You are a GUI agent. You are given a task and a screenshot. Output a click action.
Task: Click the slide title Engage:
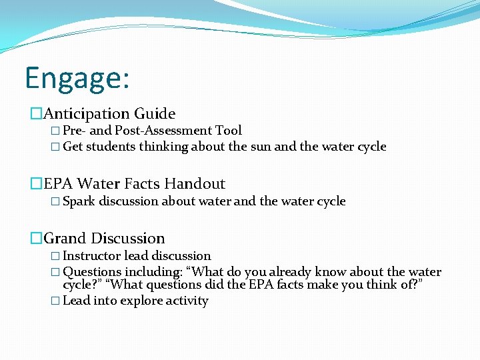(x=77, y=78)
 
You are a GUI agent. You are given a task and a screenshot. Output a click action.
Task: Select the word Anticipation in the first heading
(x=85, y=114)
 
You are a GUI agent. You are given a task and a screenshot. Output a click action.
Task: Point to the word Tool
(x=229, y=131)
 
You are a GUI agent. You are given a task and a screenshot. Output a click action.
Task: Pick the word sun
(x=261, y=147)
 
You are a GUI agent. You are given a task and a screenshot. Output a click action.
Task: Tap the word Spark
(x=79, y=201)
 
